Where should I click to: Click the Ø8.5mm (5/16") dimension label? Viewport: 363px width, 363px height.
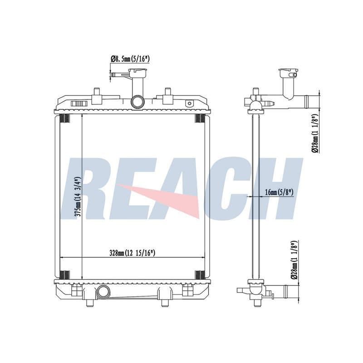tap(130, 59)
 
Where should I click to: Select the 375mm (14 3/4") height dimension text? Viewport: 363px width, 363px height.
tap(77, 197)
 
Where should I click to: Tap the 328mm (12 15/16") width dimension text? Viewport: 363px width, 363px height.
tap(132, 253)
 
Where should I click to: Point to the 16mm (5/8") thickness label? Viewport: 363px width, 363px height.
tap(279, 192)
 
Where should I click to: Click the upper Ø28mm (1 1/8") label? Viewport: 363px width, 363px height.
tap(316, 133)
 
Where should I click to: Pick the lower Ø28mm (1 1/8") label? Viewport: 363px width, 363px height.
tap(294, 260)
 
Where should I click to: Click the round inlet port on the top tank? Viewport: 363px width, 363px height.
tap(137, 101)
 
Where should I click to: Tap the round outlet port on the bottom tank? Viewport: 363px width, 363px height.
tap(103, 291)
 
